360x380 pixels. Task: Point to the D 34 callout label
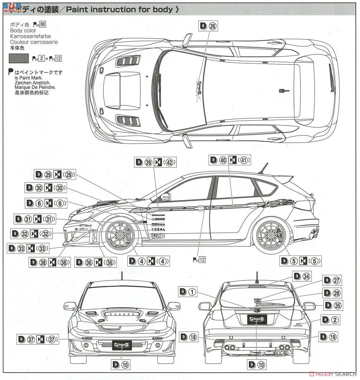[x=301, y=276]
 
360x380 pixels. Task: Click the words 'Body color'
[x=23, y=30]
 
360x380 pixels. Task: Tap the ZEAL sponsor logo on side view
[x=158, y=229]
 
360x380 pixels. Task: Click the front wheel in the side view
[x=121, y=236]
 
